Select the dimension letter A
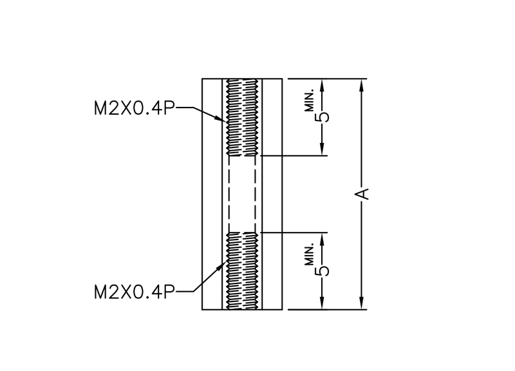pos(362,194)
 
